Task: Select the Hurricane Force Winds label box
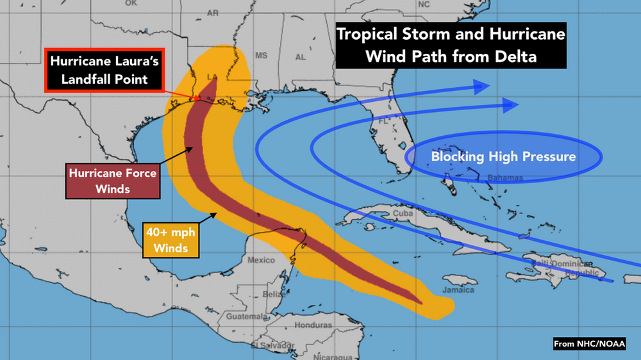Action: pyautogui.click(x=112, y=181)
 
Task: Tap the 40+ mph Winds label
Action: pyautogui.click(x=171, y=239)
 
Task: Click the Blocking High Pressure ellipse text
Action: pyautogui.click(x=503, y=156)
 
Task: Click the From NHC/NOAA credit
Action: pyautogui.click(x=590, y=345)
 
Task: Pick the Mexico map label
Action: pyautogui.click(x=261, y=260)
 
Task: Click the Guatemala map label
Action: pyautogui.click(x=245, y=317)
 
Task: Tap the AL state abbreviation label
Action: pyautogui.click(x=300, y=57)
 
